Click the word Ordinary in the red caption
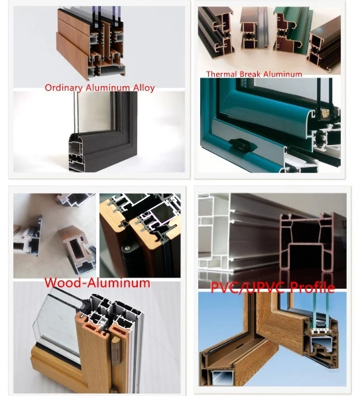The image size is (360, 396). (64, 87)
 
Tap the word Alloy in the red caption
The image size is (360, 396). (144, 88)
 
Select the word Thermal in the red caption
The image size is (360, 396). (221, 74)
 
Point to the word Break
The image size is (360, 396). (251, 74)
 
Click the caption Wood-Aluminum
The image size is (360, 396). (97, 282)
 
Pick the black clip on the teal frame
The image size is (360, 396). (242, 146)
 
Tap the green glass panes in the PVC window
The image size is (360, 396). (321, 311)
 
